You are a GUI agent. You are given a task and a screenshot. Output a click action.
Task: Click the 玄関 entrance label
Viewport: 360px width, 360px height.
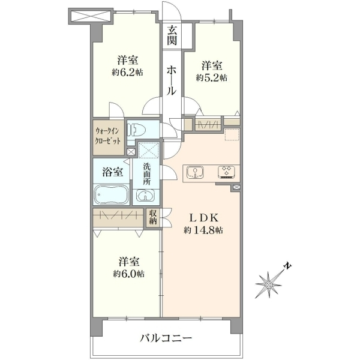tap(172, 35)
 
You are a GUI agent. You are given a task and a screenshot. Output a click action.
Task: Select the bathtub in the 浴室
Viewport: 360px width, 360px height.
tap(112, 194)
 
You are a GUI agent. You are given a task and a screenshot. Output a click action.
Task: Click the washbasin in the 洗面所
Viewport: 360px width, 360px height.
tap(145, 195)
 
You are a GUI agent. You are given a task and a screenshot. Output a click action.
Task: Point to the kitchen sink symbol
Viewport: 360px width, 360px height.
tap(196, 172)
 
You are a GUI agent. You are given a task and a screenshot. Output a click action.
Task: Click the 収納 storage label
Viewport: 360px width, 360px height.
tap(153, 217)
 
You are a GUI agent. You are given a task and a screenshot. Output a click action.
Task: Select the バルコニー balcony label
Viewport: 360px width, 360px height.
tap(166, 338)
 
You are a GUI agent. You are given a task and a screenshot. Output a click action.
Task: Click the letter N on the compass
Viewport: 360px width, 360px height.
tap(288, 266)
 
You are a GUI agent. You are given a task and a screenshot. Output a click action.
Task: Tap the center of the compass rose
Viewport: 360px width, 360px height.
tap(268, 285)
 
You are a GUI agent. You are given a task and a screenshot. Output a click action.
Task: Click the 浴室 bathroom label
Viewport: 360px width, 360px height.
tap(112, 172)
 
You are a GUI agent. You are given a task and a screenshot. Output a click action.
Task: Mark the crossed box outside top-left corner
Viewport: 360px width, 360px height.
tap(91, 16)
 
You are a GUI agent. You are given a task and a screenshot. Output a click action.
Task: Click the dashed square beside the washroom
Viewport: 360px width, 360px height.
tap(149, 150)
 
